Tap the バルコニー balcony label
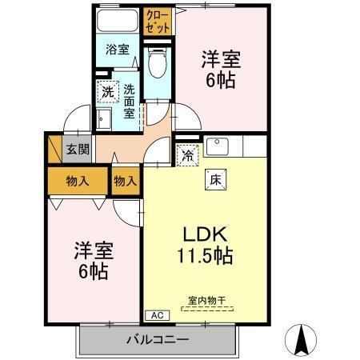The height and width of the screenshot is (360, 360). (157, 340)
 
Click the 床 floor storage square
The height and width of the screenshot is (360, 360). (215, 180)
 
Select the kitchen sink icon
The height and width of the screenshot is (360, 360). (217, 146)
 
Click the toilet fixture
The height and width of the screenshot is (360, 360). (158, 61)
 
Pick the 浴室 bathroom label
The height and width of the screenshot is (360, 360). (118, 50)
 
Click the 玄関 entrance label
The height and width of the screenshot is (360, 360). (78, 149)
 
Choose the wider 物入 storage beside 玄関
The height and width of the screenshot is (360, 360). (77, 181)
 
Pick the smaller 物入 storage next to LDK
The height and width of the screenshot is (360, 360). (126, 181)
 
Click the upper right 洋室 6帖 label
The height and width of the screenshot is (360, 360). (220, 70)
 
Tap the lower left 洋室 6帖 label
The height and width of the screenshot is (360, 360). (94, 259)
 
